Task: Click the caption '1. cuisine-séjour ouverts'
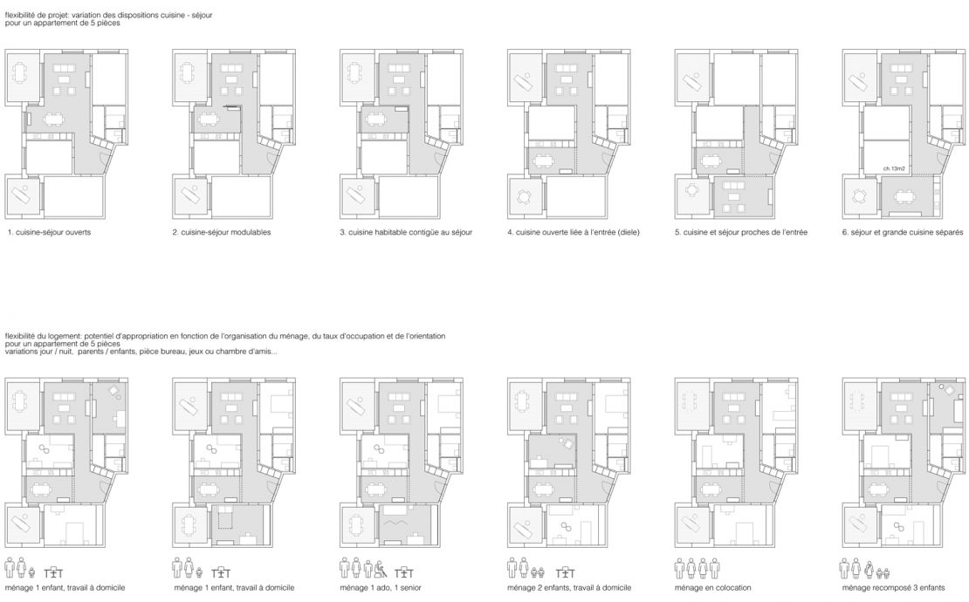[50, 232]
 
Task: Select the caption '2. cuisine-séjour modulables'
[221, 232]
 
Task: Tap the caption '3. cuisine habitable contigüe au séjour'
[406, 232]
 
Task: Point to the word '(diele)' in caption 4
[628, 232]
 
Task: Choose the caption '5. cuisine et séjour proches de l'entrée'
[741, 232]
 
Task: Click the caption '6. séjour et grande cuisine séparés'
[903, 232]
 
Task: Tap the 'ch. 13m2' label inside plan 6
[894, 168]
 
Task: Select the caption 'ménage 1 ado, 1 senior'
[381, 588]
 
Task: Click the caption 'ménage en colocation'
[713, 588]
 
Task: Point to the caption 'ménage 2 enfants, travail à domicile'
[569, 588]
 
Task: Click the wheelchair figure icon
[381, 569]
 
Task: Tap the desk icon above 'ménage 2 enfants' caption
[565, 573]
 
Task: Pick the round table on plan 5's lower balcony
[691, 190]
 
